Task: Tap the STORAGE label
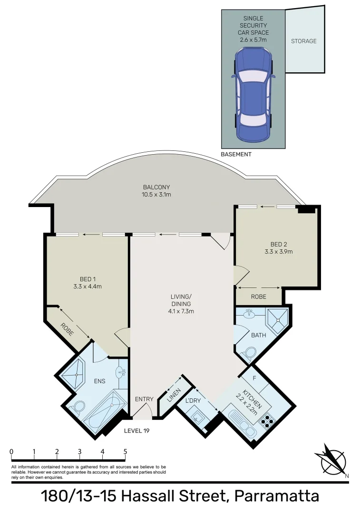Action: pos(303,41)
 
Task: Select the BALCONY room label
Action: pos(156,187)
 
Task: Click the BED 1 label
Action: pos(88,279)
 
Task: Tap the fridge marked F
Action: pos(254,378)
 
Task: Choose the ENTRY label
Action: pos(144,399)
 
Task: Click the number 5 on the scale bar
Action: pos(125,452)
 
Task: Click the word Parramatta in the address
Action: pos(279,497)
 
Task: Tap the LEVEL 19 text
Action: pos(137,430)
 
